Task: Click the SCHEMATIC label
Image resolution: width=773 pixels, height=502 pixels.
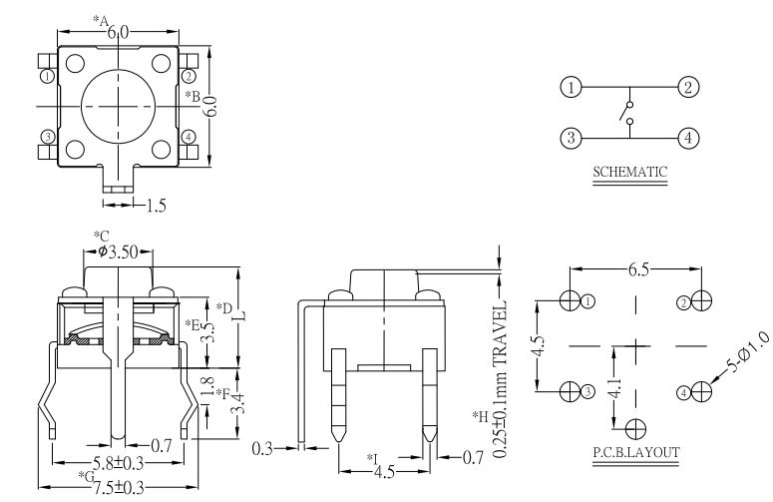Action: (x=629, y=171)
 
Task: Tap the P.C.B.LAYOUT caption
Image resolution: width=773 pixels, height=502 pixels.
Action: (x=636, y=452)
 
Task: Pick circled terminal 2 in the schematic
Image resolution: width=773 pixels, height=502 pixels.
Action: (x=688, y=88)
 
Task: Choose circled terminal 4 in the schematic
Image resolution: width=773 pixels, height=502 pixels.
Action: (x=688, y=138)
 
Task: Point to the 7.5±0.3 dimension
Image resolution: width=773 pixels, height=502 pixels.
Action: (x=118, y=487)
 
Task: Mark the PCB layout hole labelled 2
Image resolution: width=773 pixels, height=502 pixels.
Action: (x=702, y=300)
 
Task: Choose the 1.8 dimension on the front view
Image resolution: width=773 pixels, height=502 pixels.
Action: (x=207, y=383)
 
